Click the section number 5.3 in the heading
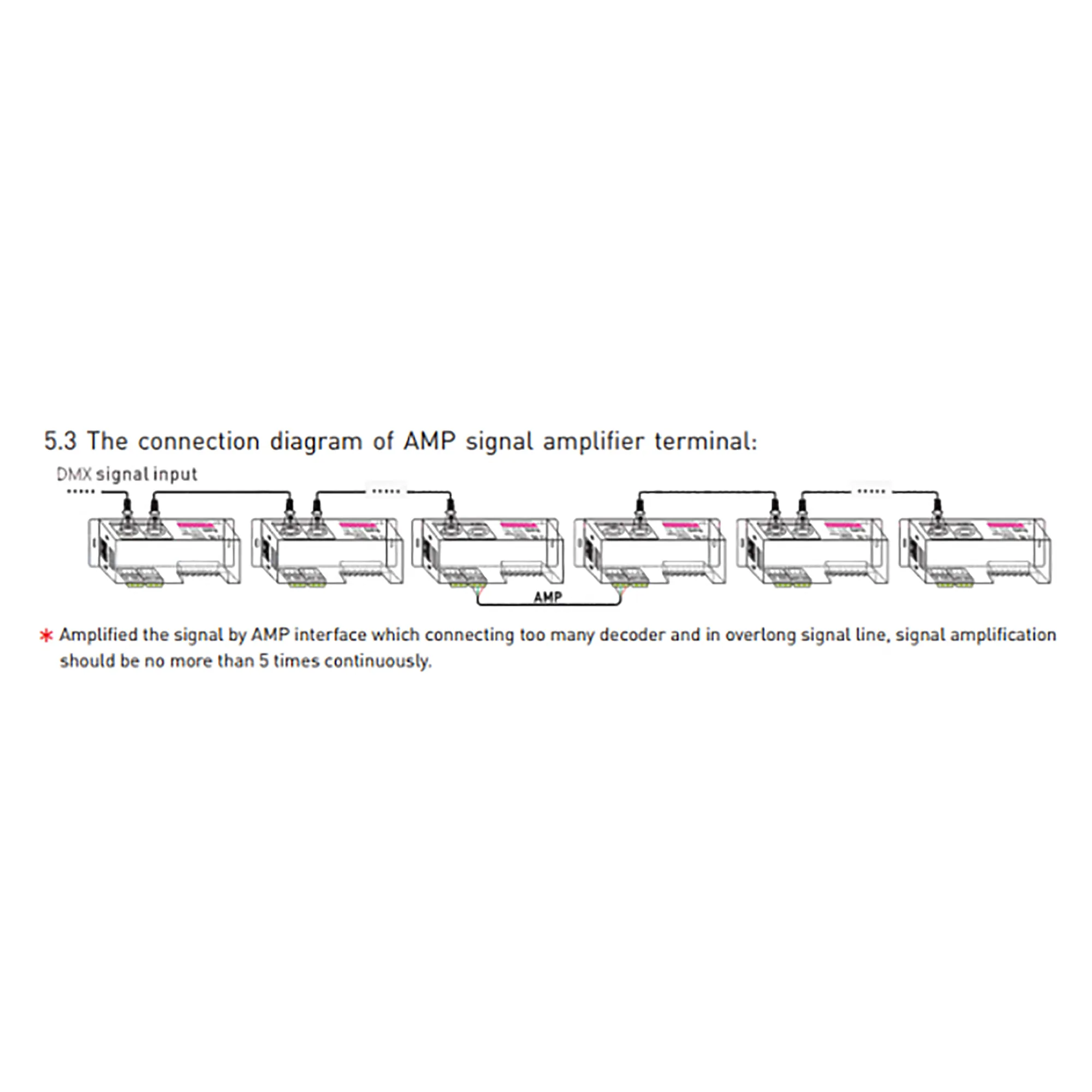point(60,441)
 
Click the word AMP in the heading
point(429,441)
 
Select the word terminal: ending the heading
point(705,441)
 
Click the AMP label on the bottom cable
point(548,597)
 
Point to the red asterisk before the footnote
point(46,636)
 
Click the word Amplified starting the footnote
point(98,636)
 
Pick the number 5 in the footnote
point(263,661)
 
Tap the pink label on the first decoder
point(195,525)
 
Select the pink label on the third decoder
point(518,525)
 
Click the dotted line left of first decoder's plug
point(81,492)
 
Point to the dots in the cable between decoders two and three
point(387,491)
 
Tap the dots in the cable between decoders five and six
point(871,491)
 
